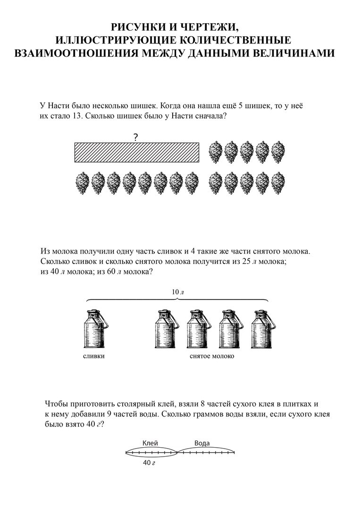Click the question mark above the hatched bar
136,137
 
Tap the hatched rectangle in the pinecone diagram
137,152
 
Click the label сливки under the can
93,356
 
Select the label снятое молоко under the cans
211,356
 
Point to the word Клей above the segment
150,443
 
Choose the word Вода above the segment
202,443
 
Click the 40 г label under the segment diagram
149,463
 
